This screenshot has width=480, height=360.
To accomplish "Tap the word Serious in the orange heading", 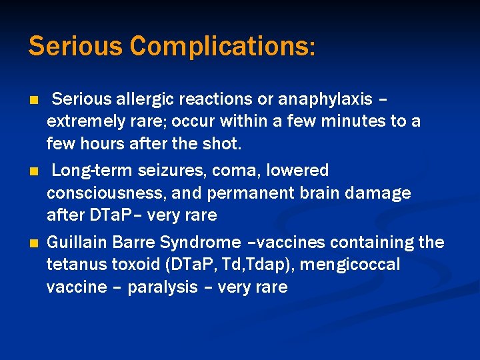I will tap(76, 47).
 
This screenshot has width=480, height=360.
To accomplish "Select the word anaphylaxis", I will tap(325, 99).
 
